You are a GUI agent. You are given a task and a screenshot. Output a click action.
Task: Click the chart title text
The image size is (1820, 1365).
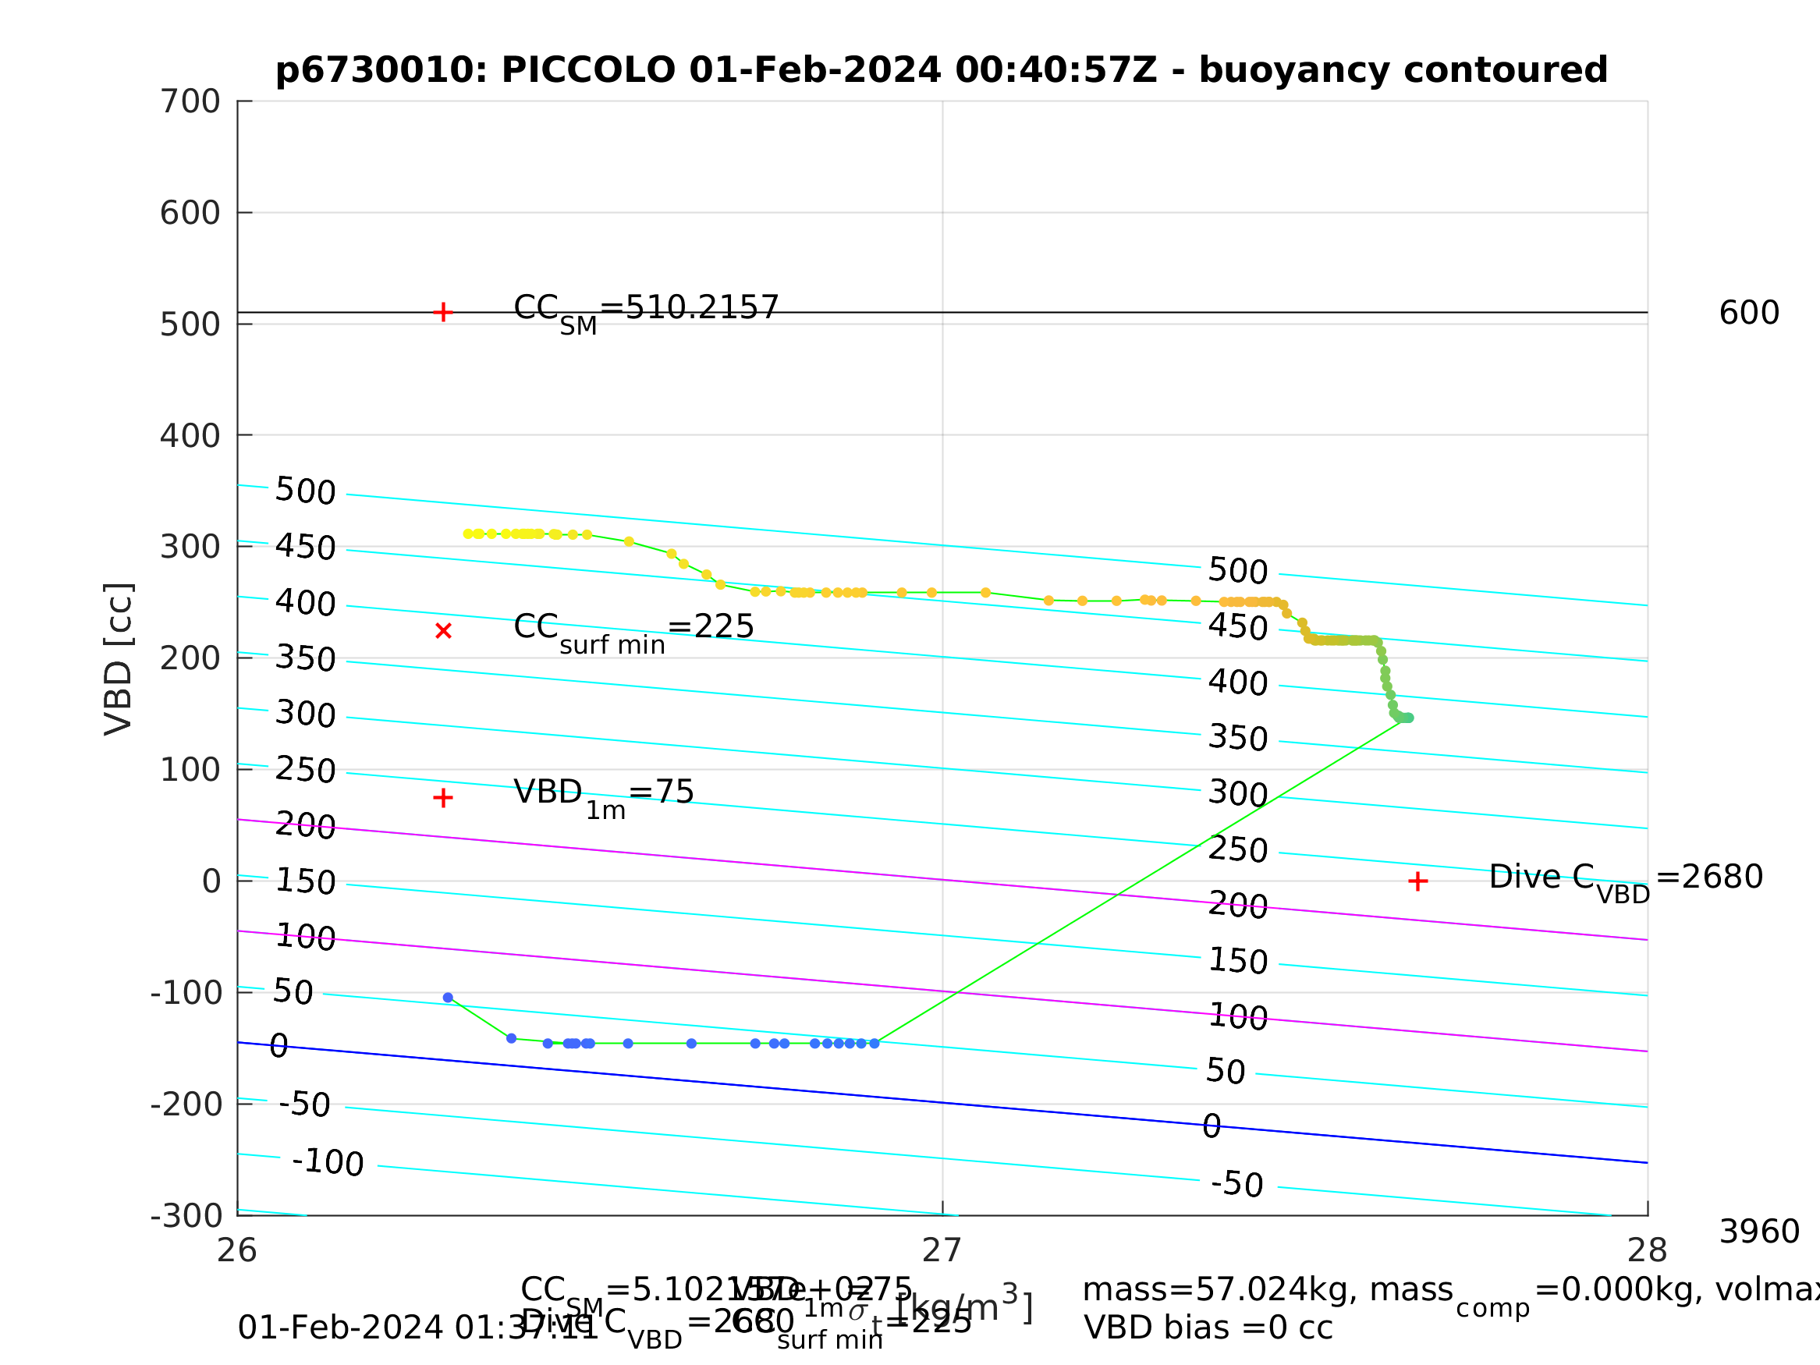(942, 71)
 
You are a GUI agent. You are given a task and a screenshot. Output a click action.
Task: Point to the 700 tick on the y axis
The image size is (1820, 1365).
(190, 102)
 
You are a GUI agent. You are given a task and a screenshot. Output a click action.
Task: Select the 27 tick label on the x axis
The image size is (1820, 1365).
(942, 1250)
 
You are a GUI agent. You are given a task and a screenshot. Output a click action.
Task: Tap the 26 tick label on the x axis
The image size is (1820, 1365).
(237, 1250)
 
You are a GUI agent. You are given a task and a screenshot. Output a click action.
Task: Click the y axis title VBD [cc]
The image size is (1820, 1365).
(119, 659)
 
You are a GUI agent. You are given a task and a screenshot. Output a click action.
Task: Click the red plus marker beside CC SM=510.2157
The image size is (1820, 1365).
(442, 313)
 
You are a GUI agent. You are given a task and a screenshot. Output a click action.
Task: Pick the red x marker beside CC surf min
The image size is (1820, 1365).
(442, 631)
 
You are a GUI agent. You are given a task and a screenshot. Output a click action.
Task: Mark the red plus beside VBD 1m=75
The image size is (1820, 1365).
(442, 798)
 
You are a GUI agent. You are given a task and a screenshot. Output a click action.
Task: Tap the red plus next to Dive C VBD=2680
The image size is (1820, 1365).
(1417, 882)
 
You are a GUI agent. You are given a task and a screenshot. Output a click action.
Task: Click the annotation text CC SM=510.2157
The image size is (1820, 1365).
(645, 310)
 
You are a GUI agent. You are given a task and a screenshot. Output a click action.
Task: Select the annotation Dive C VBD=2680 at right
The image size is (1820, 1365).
(1626, 879)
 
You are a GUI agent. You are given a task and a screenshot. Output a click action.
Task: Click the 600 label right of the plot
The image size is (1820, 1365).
(1749, 314)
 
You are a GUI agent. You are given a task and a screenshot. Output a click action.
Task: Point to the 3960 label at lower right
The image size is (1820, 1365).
(1759, 1232)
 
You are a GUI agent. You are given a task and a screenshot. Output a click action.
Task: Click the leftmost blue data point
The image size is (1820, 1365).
(448, 998)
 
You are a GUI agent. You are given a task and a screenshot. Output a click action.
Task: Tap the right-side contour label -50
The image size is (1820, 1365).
(1236, 1185)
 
